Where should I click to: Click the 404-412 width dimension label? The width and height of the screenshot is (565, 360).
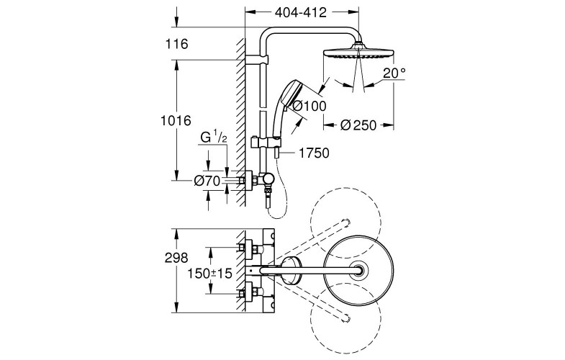301,12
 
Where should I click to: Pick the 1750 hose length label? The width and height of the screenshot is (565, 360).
314,153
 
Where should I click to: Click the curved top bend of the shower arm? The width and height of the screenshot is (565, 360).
271,35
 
